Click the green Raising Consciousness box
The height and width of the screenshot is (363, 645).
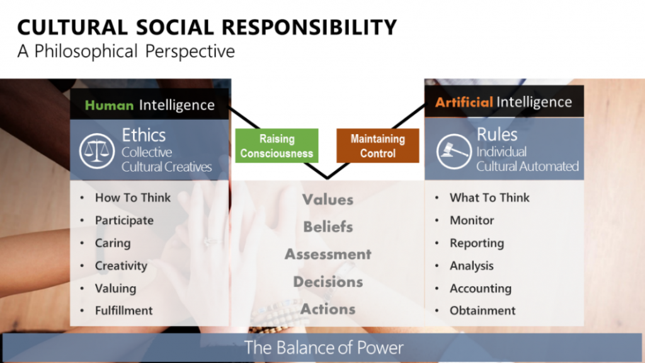click(x=277, y=146)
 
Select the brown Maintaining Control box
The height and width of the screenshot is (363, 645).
click(x=378, y=146)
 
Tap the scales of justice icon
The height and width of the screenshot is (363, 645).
click(x=96, y=151)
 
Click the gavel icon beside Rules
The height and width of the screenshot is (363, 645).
click(x=454, y=151)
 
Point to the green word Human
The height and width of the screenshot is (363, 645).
click(x=109, y=105)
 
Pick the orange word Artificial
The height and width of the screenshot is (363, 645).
click(x=464, y=101)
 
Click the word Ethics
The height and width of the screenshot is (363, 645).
click(x=144, y=135)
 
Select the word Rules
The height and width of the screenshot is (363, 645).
click(x=497, y=135)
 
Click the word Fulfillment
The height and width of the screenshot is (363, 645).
click(x=124, y=310)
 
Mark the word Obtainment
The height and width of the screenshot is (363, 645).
click(x=482, y=310)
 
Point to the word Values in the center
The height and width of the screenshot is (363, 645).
click(x=328, y=200)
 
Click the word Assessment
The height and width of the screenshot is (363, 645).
click(x=328, y=255)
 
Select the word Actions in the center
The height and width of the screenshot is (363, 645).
click(x=328, y=309)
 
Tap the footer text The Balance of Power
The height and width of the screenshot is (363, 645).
click(x=324, y=348)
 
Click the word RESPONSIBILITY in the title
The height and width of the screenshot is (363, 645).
click(x=309, y=27)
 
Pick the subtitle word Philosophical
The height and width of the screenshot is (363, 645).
click(x=86, y=52)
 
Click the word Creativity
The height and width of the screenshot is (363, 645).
click(x=121, y=266)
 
